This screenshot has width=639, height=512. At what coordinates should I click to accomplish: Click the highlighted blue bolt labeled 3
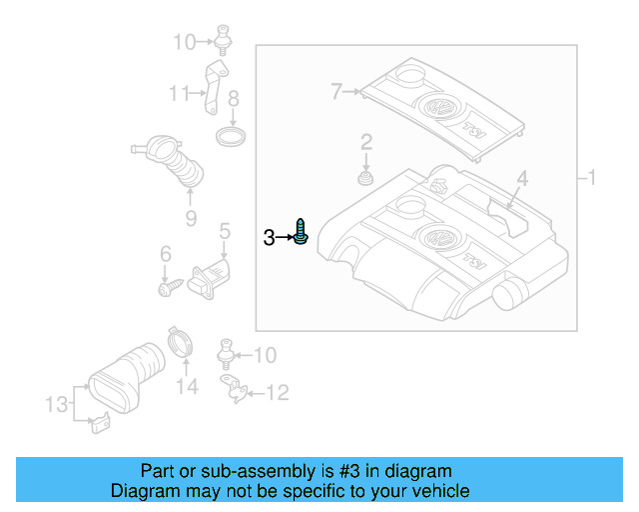pyautogui.click(x=302, y=235)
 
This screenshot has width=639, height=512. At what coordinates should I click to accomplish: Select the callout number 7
pyautogui.click(x=337, y=93)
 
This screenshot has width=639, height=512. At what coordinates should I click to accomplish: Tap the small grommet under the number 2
pyautogui.click(x=366, y=180)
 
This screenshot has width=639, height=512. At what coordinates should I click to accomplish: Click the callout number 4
pyautogui.click(x=521, y=180)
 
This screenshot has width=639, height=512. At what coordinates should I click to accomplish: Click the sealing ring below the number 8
pyautogui.click(x=232, y=135)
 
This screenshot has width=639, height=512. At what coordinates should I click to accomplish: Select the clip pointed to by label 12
pyautogui.click(x=235, y=388)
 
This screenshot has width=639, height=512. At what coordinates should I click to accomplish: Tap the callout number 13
pyautogui.click(x=57, y=404)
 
